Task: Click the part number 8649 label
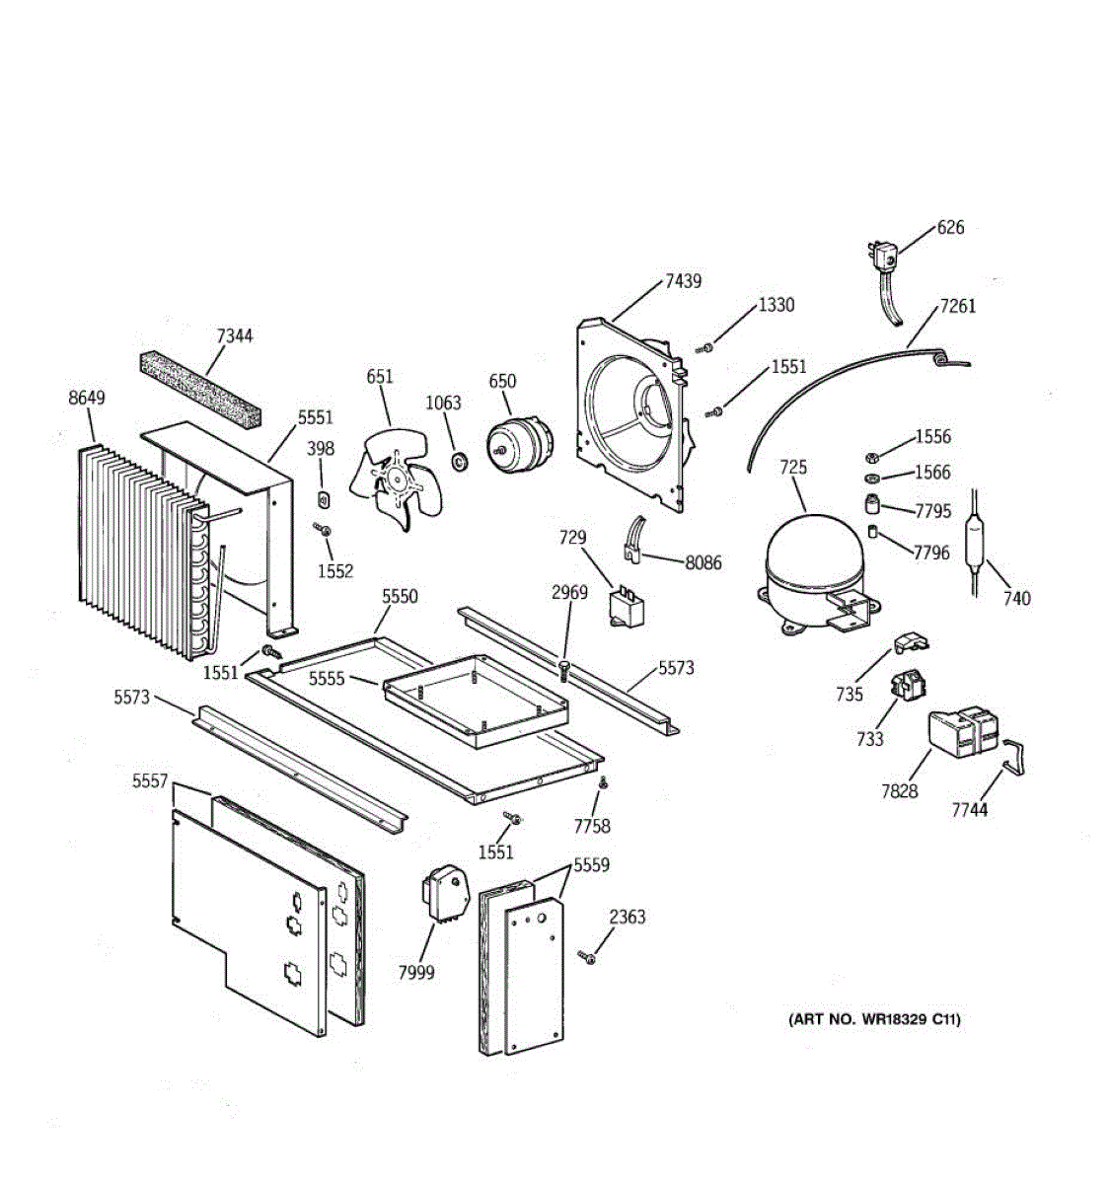(87, 398)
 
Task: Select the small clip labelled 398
(324, 495)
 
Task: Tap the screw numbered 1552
(324, 531)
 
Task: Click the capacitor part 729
(625, 607)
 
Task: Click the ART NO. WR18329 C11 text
(873, 1020)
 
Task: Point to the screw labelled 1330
(705, 347)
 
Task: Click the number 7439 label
(683, 281)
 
